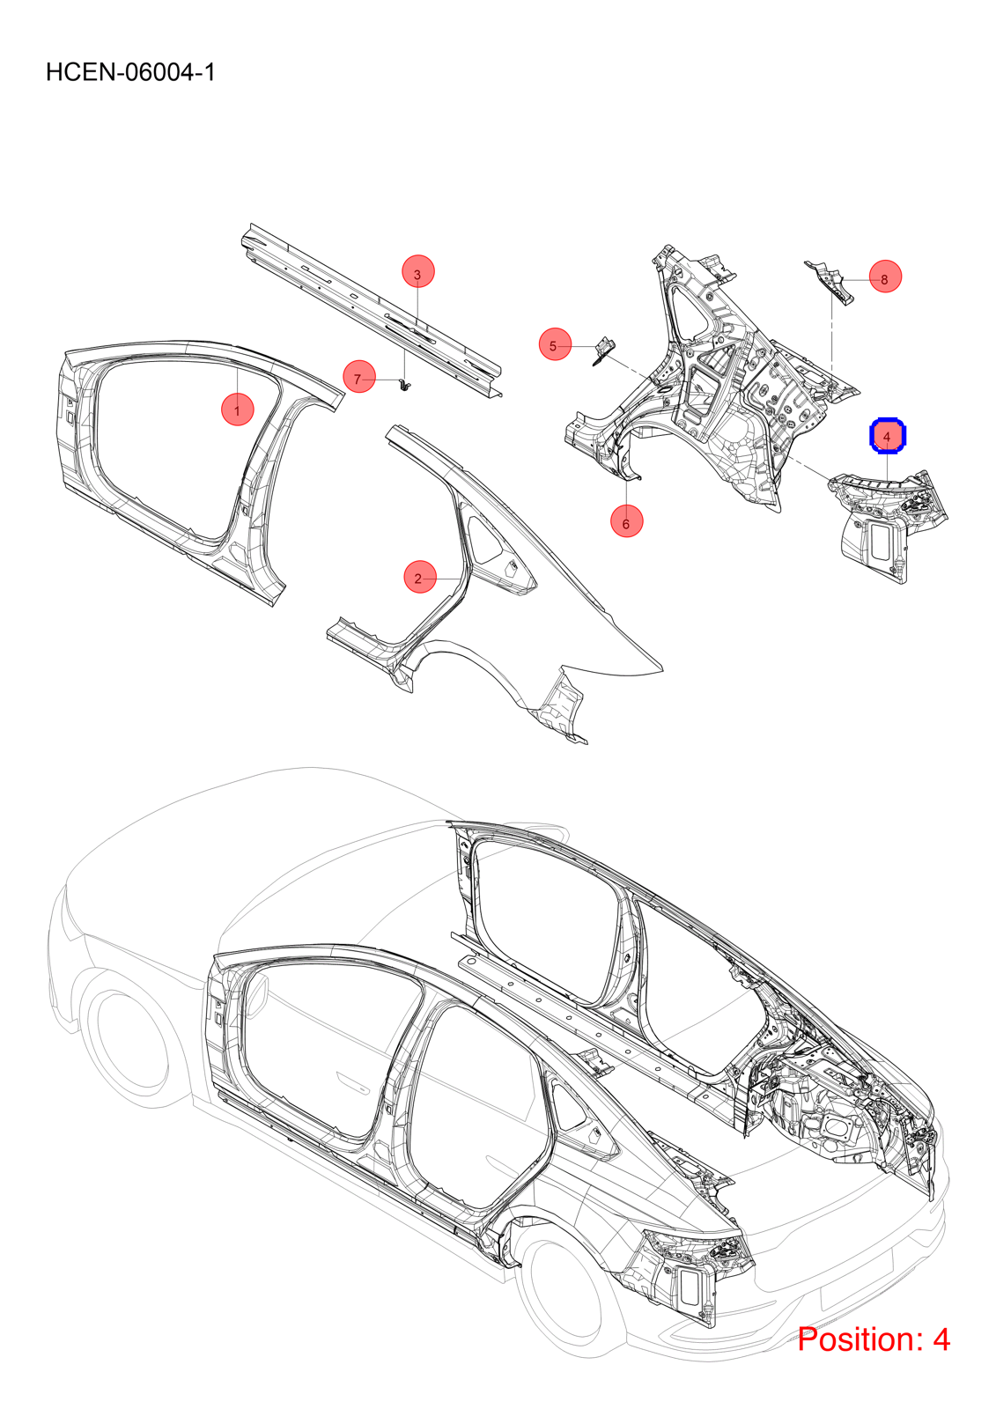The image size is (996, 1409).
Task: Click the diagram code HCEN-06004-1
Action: pyautogui.click(x=130, y=72)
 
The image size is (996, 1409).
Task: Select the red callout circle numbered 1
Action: pyautogui.click(x=237, y=409)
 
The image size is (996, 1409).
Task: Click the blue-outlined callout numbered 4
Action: pyautogui.click(x=887, y=435)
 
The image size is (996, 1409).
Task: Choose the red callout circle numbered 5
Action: pyautogui.click(x=554, y=344)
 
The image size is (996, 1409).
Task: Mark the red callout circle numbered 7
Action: pyautogui.click(x=358, y=378)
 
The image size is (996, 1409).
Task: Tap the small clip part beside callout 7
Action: pyautogui.click(x=403, y=384)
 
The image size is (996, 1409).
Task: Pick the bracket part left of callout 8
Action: pyautogui.click(x=830, y=282)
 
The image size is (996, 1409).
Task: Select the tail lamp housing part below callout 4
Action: pyautogui.click(x=889, y=524)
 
